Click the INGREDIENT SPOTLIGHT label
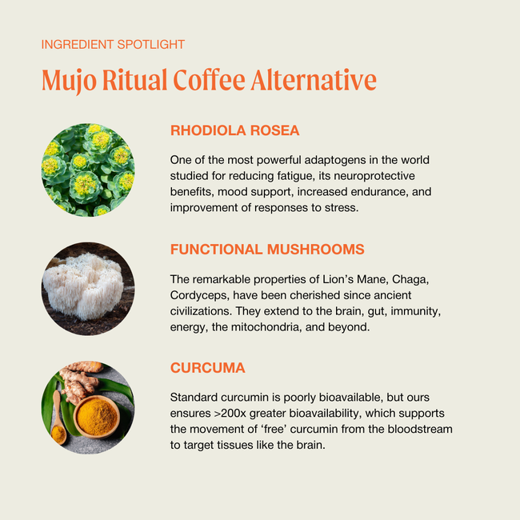(x=113, y=45)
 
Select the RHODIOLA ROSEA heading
(x=235, y=130)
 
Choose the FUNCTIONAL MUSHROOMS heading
(x=267, y=250)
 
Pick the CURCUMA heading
(x=208, y=368)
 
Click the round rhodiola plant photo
(x=87, y=169)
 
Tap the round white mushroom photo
(x=87, y=289)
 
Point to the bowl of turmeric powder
(x=98, y=417)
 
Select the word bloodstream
(x=417, y=429)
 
